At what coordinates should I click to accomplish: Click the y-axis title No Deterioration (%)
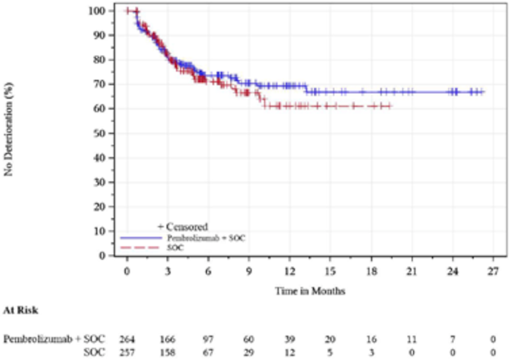coord(9,133)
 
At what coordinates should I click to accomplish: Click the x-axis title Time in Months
coord(310,291)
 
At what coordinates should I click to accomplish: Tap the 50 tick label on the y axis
coord(98,133)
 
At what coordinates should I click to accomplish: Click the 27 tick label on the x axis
coord(492,271)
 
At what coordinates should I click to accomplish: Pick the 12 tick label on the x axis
coord(289,271)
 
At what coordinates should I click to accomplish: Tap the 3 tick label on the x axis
coord(168,271)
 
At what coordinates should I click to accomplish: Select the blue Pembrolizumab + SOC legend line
coord(141,238)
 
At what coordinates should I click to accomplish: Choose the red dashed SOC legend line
coord(141,247)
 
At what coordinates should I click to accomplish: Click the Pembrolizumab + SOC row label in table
coord(54,339)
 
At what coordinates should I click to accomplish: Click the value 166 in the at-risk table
coord(168,339)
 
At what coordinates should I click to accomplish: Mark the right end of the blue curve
coord(484,92)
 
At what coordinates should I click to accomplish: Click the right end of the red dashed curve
coord(391,106)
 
